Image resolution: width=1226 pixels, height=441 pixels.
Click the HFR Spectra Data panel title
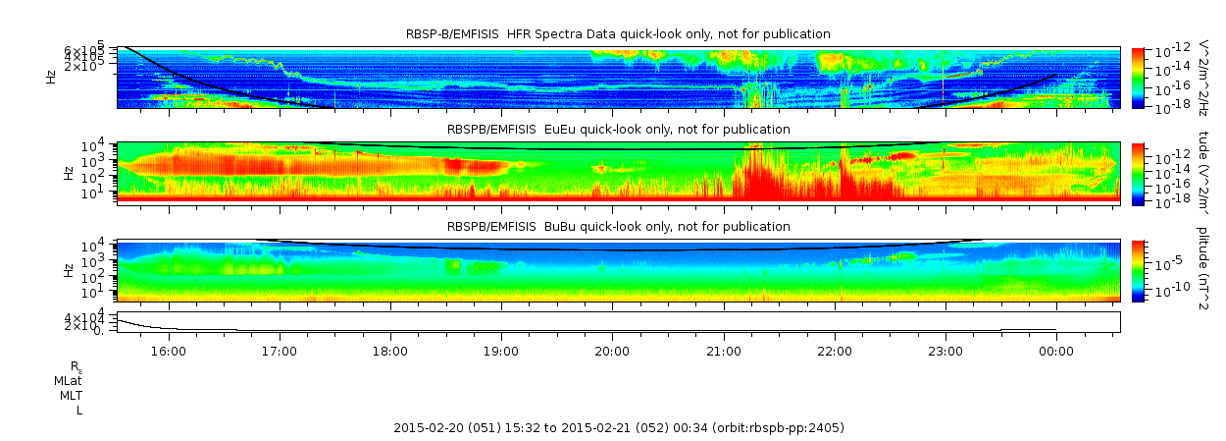(618, 34)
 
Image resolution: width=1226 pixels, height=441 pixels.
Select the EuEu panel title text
(618, 129)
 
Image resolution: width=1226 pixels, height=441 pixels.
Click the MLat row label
(68, 380)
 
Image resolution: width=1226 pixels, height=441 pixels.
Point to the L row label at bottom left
(78, 411)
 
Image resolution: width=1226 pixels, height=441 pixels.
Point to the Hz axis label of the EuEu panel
(68, 173)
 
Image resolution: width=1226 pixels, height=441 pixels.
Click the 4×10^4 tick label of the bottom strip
(97, 317)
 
